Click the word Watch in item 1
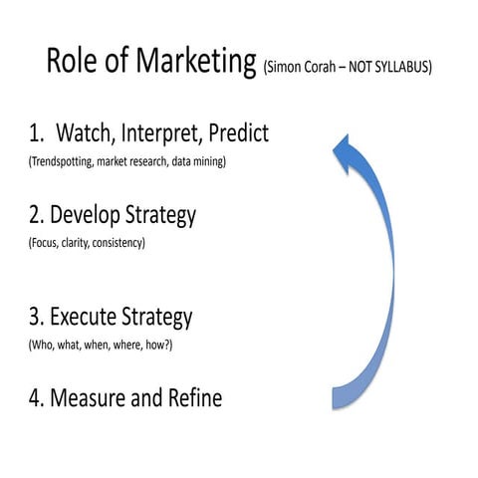coord(91,132)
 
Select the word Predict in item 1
coord(236,132)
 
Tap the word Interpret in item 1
coord(162,132)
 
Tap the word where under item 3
coord(141,345)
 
